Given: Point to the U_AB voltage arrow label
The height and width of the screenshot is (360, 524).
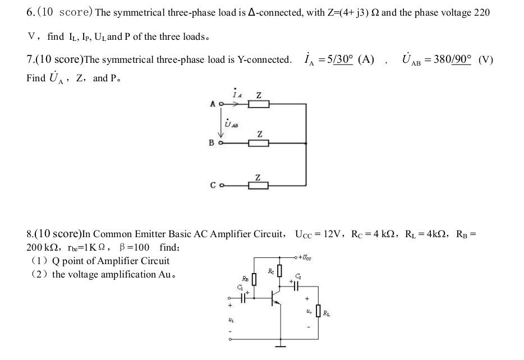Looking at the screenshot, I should pyautogui.click(x=231, y=124).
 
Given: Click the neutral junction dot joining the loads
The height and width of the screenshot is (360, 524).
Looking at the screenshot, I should pyautogui.click(x=306, y=143).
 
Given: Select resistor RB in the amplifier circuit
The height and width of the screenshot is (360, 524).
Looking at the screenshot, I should pyautogui.click(x=254, y=279).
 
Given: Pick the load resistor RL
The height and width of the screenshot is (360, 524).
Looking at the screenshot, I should pyautogui.click(x=319, y=310).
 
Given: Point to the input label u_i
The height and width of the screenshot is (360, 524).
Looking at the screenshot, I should pyautogui.click(x=230, y=320).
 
